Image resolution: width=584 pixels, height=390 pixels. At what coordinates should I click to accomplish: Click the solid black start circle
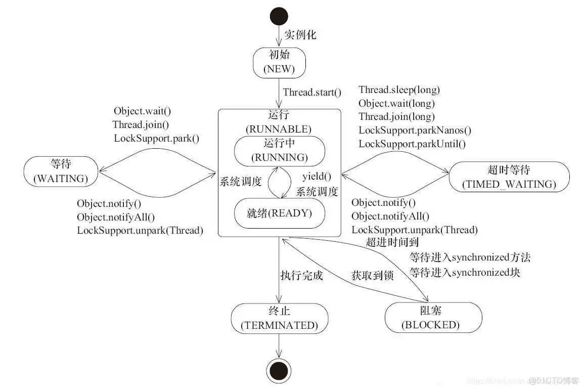pyautogui.click(x=279, y=16)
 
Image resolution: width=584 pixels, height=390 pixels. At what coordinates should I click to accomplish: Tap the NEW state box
pyautogui.click(x=279, y=62)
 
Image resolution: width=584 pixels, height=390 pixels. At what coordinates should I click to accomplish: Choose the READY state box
pyautogui.click(x=279, y=213)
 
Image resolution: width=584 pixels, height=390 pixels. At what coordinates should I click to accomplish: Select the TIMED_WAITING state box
pyautogui.click(x=509, y=177)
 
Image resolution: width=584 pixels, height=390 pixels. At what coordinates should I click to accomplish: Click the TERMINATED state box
pyautogui.click(x=279, y=318)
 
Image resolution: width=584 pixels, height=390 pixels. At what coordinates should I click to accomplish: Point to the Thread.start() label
pyautogui.click(x=312, y=92)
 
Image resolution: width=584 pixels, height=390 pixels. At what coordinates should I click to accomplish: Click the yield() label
pyautogui.click(x=317, y=177)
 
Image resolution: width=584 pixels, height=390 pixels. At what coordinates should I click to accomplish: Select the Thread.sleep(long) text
pyautogui.click(x=399, y=90)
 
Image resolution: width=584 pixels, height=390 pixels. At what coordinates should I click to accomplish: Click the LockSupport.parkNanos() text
pyautogui.click(x=415, y=130)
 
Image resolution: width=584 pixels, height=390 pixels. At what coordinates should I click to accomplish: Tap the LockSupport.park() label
pyautogui.click(x=156, y=138)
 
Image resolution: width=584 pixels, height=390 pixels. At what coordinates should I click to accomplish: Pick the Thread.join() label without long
pyautogui.click(x=141, y=124)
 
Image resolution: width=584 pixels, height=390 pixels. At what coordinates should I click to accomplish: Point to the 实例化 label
pyautogui.click(x=300, y=34)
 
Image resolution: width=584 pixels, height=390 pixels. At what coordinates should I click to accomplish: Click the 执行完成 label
pyautogui.click(x=301, y=276)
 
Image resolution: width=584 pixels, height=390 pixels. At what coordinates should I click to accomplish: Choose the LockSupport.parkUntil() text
pyautogui.click(x=412, y=144)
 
